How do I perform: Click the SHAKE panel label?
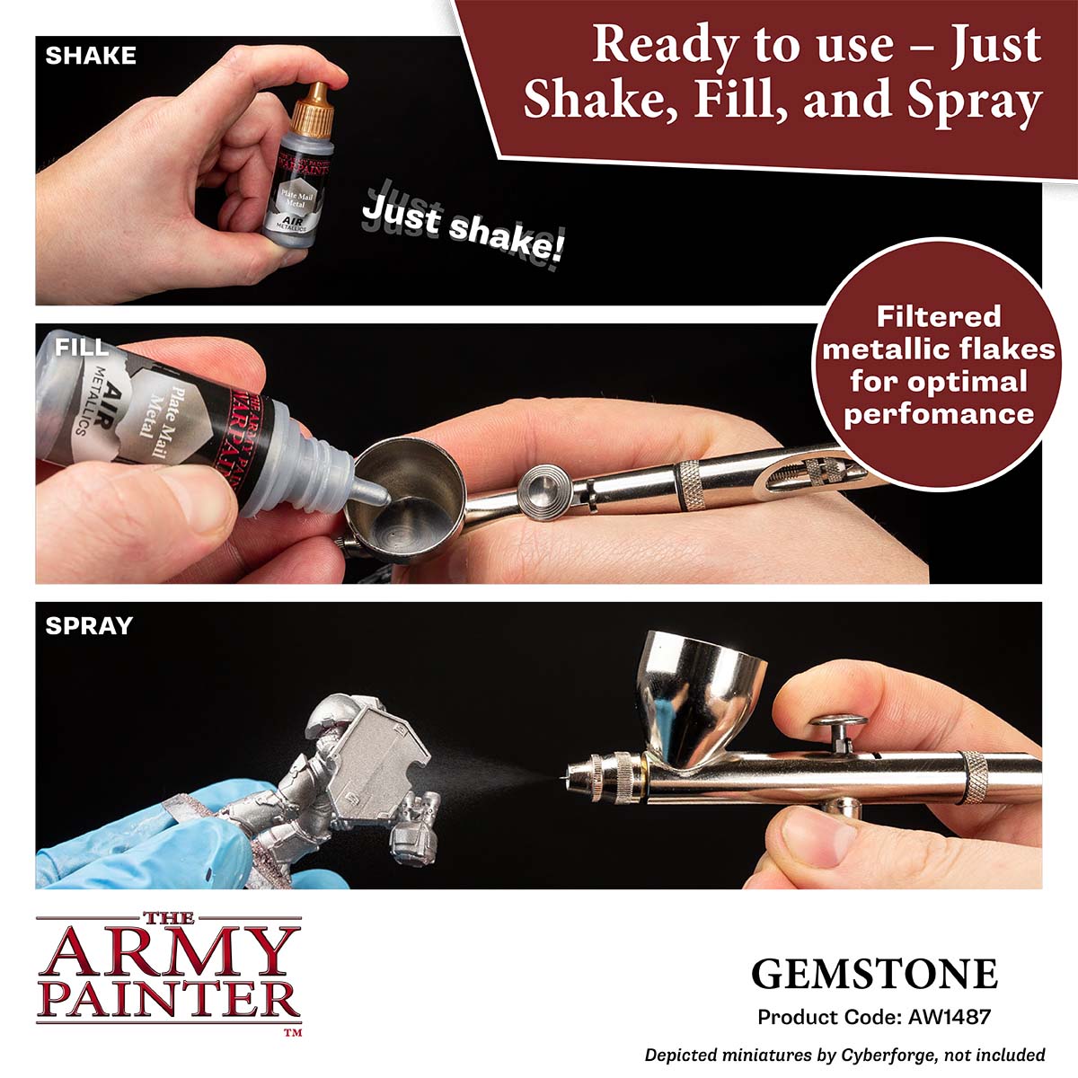point(91,56)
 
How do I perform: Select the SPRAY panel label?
point(89,625)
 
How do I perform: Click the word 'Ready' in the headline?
point(665,45)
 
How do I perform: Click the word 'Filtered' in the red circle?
point(938,316)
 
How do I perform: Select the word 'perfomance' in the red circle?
point(939,414)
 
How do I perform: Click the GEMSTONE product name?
point(874,974)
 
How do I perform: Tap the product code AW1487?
point(950,1016)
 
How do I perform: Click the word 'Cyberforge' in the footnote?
point(888,1055)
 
